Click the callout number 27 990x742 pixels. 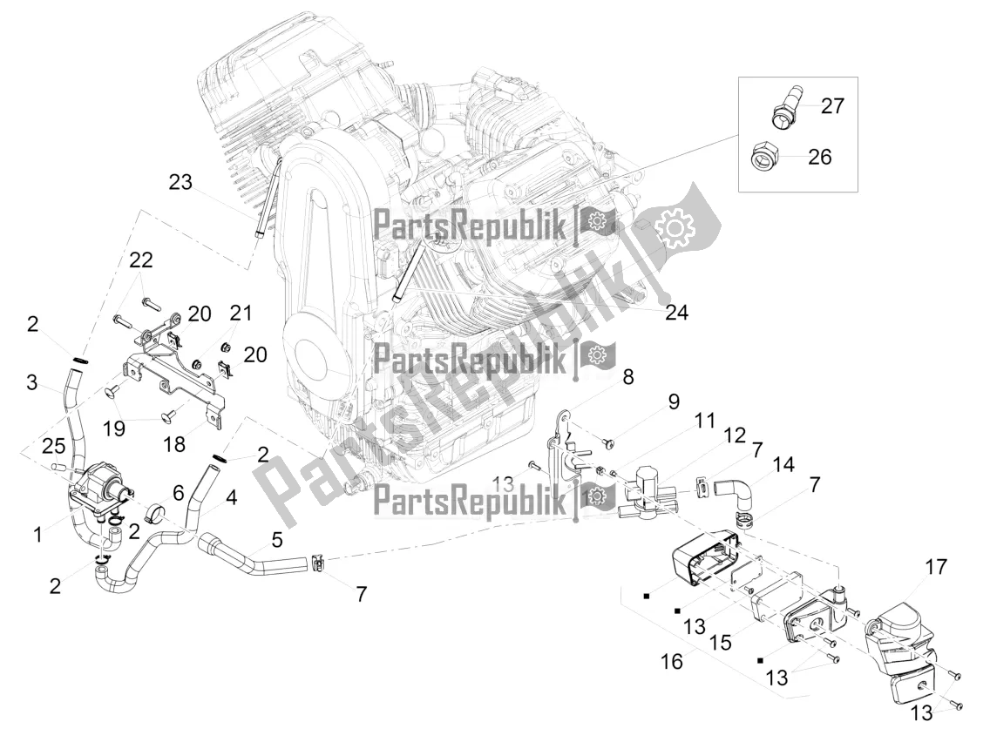point(832,106)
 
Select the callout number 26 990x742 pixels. point(819,157)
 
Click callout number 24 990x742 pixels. point(675,313)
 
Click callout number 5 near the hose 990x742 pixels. point(276,540)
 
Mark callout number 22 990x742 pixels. point(140,260)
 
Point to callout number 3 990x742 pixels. point(31,381)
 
